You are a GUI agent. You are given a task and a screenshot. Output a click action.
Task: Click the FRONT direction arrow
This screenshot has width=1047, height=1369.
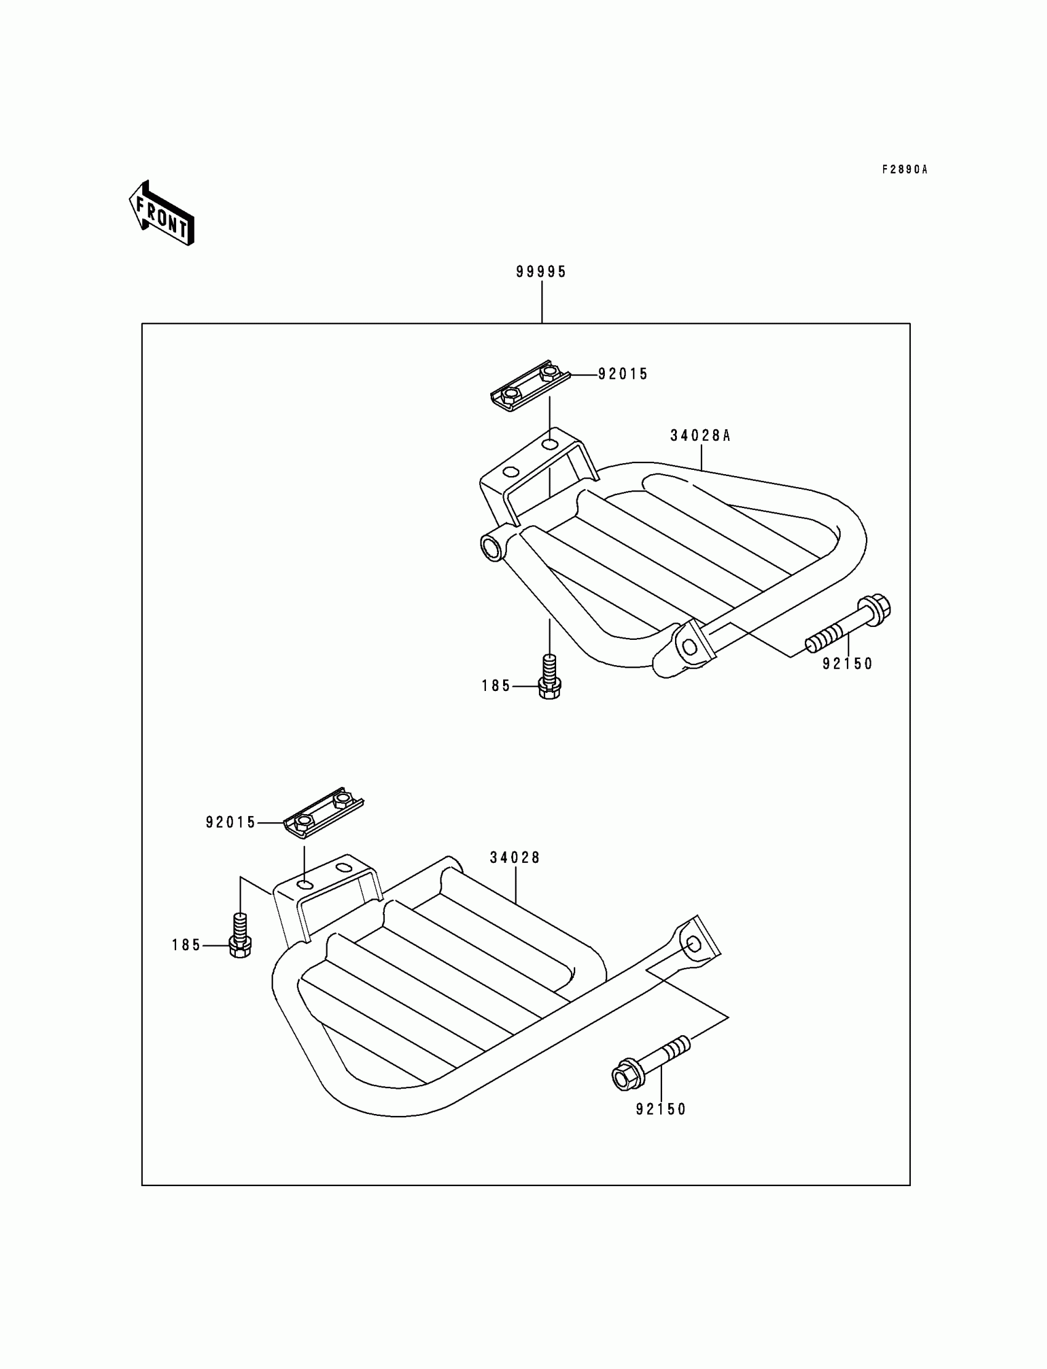tap(161, 214)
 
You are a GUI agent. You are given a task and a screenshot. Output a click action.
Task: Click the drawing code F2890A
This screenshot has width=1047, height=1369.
tap(904, 169)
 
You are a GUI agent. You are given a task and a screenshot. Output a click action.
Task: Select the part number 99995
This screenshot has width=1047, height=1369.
tap(541, 272)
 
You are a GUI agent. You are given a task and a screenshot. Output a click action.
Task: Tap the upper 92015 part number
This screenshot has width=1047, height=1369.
tap(623, 374)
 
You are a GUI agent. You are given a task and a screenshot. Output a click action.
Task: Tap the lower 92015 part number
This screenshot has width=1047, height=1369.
tap(230, 823)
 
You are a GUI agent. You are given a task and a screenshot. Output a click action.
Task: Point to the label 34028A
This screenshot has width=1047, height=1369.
tap(700, 435)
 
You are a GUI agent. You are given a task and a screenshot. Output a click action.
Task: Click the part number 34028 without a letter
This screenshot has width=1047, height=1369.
tap(515, 857)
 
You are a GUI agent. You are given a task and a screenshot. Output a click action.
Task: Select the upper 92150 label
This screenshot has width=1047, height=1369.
tap(847, 664)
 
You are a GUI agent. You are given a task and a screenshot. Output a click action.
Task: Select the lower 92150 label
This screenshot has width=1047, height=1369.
tap(661, 1109)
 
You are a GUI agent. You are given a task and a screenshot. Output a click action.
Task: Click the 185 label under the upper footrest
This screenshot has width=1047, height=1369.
tap(496, 686)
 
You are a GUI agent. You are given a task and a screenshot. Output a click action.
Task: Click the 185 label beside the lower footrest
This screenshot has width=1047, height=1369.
tap(187, 945)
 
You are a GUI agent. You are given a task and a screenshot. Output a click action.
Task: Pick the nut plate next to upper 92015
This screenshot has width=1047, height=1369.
tap(530, 385)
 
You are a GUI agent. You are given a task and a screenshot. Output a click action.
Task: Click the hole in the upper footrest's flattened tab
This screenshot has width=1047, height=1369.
tap(690, 647)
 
